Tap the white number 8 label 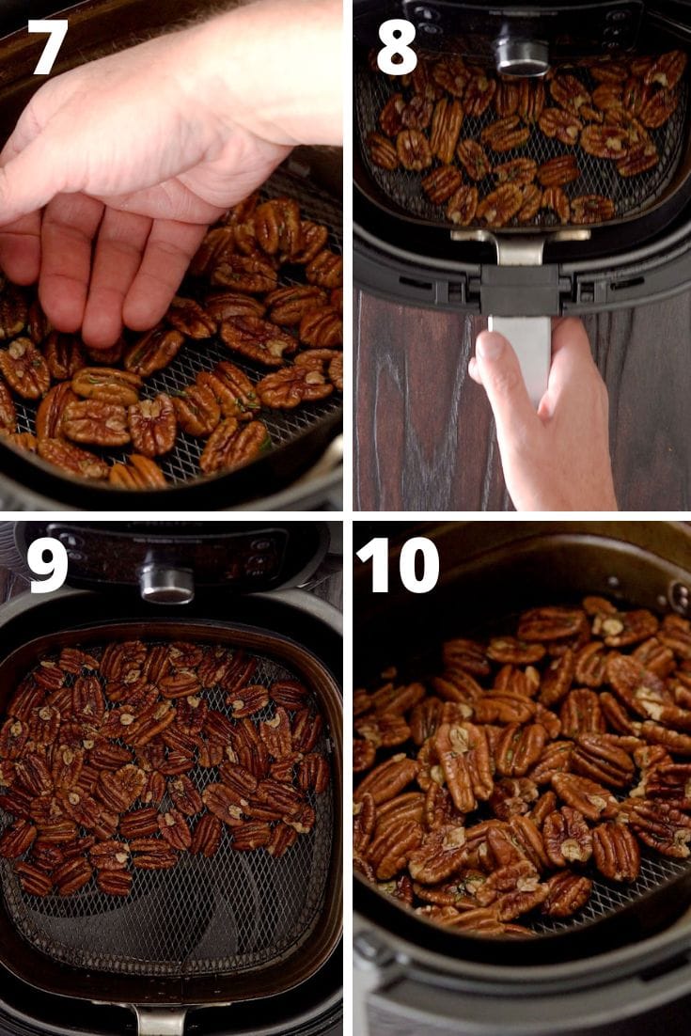[x=396, y=49]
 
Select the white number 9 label [x=47, y=565]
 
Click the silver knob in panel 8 [x=522, y=55]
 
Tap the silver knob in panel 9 [x=166, y=582]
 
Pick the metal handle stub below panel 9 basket [x=160, y=1020]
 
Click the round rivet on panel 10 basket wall [x=679, y=596]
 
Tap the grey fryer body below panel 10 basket [x=526, y=997]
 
